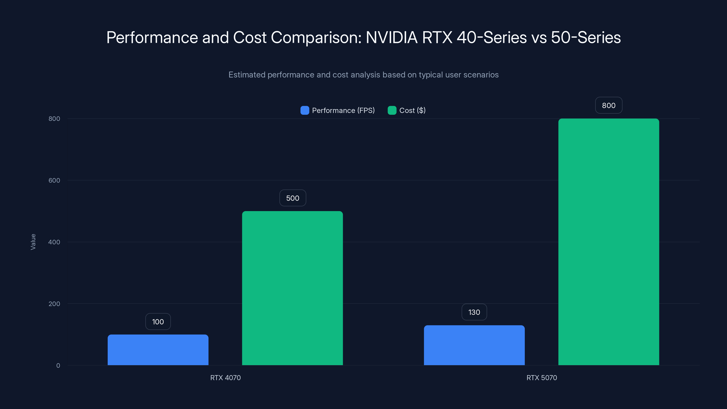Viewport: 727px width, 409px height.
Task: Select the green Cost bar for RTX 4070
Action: coord(292,288)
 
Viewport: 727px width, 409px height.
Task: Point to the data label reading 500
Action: coord(293,198)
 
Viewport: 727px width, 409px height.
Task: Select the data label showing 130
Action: coord(474,312)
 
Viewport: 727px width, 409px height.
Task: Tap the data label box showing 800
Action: coord(608,105)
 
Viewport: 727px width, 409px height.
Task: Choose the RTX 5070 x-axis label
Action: coord(542,378)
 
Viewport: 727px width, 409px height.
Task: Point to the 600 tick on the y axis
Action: coord(54,180)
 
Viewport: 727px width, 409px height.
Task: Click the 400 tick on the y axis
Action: coord(54,242)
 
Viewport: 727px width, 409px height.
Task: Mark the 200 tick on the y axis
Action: coord(54,304)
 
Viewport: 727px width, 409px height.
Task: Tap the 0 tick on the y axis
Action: coord(58,366)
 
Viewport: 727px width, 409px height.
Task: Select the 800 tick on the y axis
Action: coord(54,119)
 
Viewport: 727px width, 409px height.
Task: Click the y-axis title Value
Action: coord(33,242)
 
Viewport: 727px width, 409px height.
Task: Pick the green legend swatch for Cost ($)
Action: coord(392,110)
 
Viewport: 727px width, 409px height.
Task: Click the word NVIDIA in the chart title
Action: coord(391,37)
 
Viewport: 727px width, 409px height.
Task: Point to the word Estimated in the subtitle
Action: coord(247,75)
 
